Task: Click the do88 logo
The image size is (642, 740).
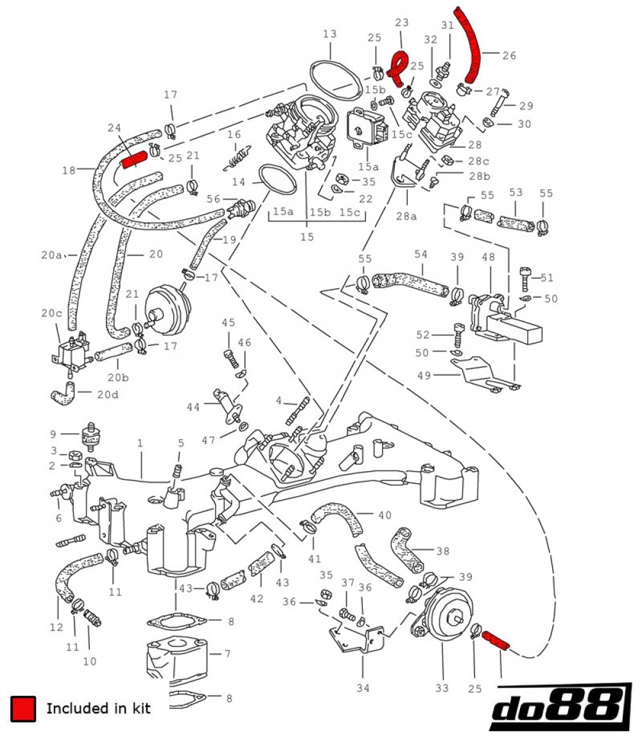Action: coord(557,709)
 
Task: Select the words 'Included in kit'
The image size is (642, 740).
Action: coord(98,709)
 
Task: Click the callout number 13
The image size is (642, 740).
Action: coord(329,33)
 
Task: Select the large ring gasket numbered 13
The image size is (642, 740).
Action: coord(334,80)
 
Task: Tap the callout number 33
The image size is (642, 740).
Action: coord(442,689)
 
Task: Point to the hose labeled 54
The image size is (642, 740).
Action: coord(411,282)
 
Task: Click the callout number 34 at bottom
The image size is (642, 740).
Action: coord(363,689)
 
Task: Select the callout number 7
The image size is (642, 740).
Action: coord(227,655)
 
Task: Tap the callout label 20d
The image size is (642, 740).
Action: coord(107,394)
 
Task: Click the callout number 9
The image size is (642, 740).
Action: coord(54,433)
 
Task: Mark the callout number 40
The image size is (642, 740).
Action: coord(384,515)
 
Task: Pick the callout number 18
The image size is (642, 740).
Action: coord(69,170)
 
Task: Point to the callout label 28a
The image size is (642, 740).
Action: coord(406,216)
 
